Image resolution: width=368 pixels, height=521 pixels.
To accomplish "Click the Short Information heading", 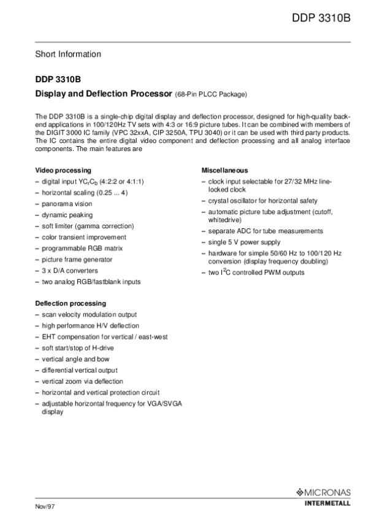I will click(67, 54).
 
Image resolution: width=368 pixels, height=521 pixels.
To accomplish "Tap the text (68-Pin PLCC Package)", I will click(210, 95).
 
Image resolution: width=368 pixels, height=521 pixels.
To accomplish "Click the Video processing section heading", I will click(63, 170).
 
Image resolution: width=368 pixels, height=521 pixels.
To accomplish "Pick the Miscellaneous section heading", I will click(224, 170).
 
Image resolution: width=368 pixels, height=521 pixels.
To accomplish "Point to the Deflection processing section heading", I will click(70, 303).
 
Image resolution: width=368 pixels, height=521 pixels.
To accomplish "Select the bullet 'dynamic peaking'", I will click(67, 215).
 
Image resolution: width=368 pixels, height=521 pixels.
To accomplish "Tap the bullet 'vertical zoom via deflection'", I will click(82, 381).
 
